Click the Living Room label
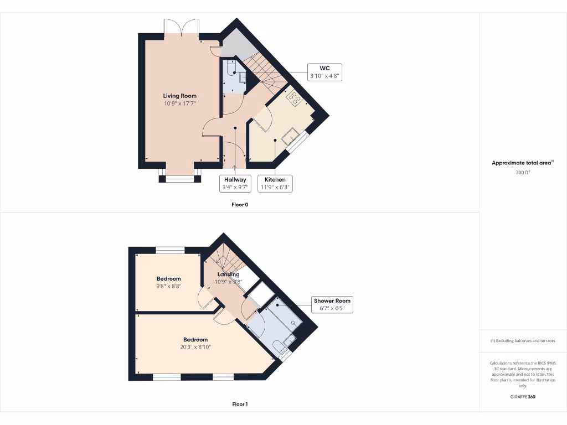coord(179,96)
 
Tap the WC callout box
coord(324,72)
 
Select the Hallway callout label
coord(235,183)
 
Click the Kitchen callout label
coord(275,183)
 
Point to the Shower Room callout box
coord(332,304)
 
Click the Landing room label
coord(228,274)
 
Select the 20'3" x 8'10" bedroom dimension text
coord(195,347)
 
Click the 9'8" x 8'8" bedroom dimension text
coord(169,286)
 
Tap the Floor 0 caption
coord(240,205)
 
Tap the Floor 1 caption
coord(240,404)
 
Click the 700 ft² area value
coord(523,173)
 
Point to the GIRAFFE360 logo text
coord(523,397)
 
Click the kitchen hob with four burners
coord(293,99)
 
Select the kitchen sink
coord(290,136)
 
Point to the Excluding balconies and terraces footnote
coord(523,340)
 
